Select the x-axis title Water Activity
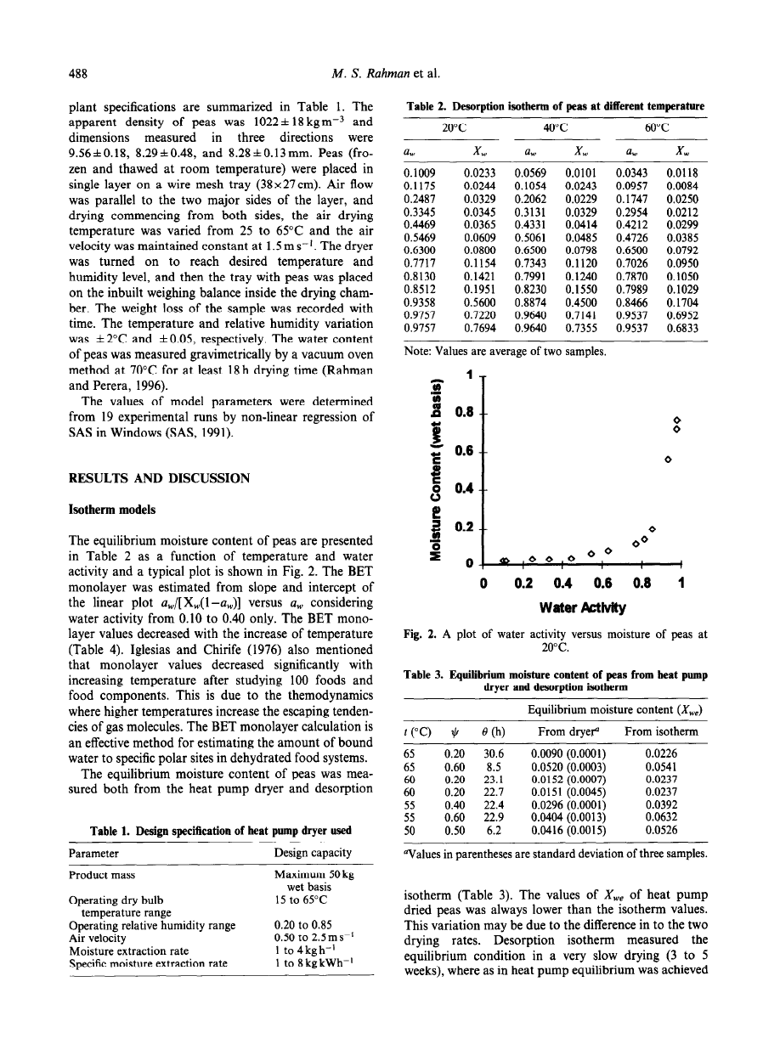[x=582, y=608]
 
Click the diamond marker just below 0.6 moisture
[x=668, y=460]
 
